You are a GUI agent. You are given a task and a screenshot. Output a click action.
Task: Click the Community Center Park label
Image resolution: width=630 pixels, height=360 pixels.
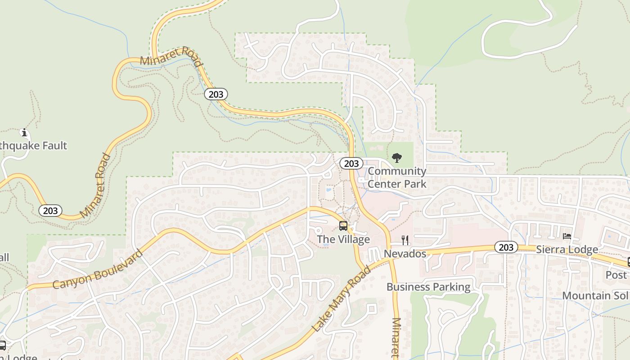[x=397, y=177]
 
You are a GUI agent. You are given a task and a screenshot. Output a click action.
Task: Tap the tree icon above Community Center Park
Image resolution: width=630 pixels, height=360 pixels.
[x=396, y=157]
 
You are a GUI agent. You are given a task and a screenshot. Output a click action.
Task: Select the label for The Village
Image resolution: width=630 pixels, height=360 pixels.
[x=343, y=239]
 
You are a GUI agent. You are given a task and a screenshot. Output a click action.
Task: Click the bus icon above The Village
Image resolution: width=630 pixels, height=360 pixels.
[x=343, y=225]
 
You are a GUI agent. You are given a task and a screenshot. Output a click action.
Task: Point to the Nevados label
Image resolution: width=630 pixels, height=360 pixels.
[x=405, y=254]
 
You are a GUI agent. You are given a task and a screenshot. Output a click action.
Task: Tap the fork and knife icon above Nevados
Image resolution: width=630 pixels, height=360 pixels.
[x=405, y=240]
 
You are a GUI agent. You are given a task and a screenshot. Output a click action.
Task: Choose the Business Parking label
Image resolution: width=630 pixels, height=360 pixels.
[x=428, y=287]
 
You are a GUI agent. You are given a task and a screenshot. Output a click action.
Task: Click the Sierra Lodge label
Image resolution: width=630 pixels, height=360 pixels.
[x=567, y=249]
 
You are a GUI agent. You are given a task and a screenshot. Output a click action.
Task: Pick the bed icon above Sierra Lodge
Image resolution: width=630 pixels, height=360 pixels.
[x=567, y=236]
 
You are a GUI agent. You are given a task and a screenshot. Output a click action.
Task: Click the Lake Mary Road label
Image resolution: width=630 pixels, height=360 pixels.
[x=341, y=299]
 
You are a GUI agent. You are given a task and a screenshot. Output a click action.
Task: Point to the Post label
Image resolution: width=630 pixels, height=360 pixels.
[x=616, y=274]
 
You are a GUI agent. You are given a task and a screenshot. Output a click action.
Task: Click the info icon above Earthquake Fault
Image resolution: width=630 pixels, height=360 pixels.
[x=24, y=133]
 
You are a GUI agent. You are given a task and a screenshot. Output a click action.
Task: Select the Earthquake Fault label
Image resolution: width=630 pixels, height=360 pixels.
[x=33, y=145]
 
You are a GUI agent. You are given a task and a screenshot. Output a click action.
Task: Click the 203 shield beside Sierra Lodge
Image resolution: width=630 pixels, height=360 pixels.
[x=506, y=247]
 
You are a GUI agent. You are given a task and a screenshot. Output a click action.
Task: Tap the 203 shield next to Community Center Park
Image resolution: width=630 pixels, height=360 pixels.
[x=351, y=163]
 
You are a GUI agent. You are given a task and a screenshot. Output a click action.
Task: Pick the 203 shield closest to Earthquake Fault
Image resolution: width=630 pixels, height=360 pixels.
[x=50, y=210]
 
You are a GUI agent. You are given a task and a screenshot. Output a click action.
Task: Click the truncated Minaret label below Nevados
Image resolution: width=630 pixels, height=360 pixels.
[x=396, y=337]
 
